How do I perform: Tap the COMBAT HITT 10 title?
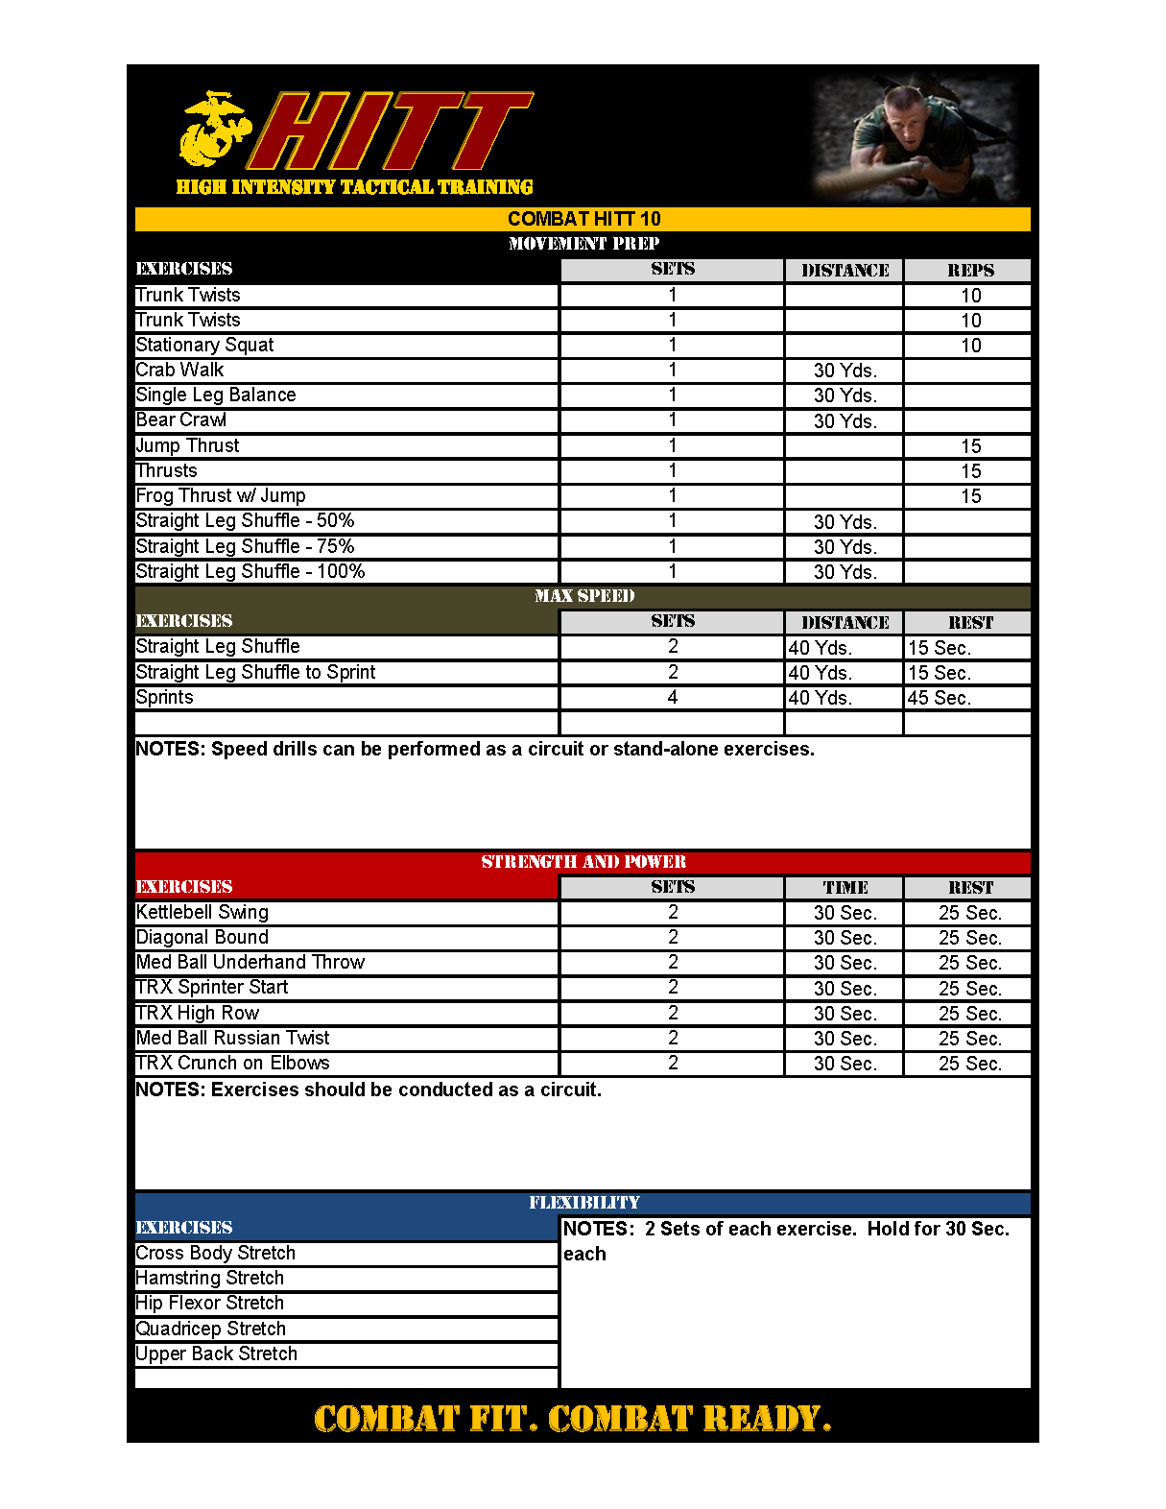coord(583,219)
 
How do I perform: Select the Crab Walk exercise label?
coord(179,371)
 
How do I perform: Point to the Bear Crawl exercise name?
coord(181,420)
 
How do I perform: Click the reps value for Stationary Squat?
coord(970,346)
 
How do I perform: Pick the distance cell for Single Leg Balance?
coord(845,395)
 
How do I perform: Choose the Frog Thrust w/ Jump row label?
coord(221,496)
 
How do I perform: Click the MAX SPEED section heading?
coord(583,596)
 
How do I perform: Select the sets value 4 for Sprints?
coord(673,698)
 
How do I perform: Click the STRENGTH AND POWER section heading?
coord(583,862)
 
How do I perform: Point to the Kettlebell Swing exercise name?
coord(202,913)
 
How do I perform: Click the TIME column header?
coord(845,888)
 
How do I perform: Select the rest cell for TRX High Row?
coord(969,1014)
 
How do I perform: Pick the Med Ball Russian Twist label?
coord(232,1039)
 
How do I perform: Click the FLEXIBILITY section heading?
coord(583,1203)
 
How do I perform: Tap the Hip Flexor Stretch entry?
coord(210,1304)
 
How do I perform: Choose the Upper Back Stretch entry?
coord(217,1354)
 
